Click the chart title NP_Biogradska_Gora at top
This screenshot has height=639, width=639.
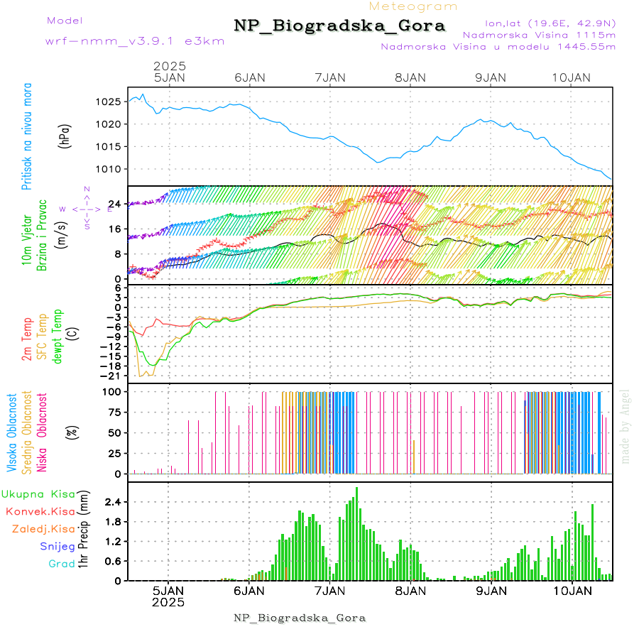click(339, 26)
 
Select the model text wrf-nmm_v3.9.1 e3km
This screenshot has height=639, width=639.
click(135, 40)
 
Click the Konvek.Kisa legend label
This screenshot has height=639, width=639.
click(40, 511)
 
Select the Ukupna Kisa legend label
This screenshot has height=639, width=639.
click(38, 493)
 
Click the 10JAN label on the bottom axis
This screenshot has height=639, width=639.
click(572, 590)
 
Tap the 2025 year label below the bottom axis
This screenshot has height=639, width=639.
click(168, 602)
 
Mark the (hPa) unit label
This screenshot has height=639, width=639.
click(65, 135)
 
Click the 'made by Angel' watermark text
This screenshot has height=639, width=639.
click(625, 426)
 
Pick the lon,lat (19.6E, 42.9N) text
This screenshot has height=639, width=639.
click(550, 23)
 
